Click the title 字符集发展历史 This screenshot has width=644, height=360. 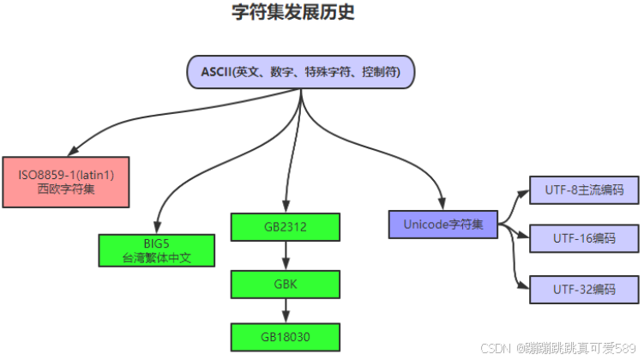293,12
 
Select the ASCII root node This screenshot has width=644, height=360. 301,72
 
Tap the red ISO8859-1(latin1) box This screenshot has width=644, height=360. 66,182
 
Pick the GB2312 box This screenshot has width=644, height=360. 286,226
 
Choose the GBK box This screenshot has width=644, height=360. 286,283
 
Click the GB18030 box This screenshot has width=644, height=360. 286,336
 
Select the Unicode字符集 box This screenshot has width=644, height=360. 443,225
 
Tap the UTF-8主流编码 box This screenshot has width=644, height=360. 584,190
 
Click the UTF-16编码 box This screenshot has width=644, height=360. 584,238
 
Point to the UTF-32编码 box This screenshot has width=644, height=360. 584,289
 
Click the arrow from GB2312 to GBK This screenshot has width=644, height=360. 286,255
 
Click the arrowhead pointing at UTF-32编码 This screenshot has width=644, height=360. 522,285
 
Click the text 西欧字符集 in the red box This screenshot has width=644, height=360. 66,189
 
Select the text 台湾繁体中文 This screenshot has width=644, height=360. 156,258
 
